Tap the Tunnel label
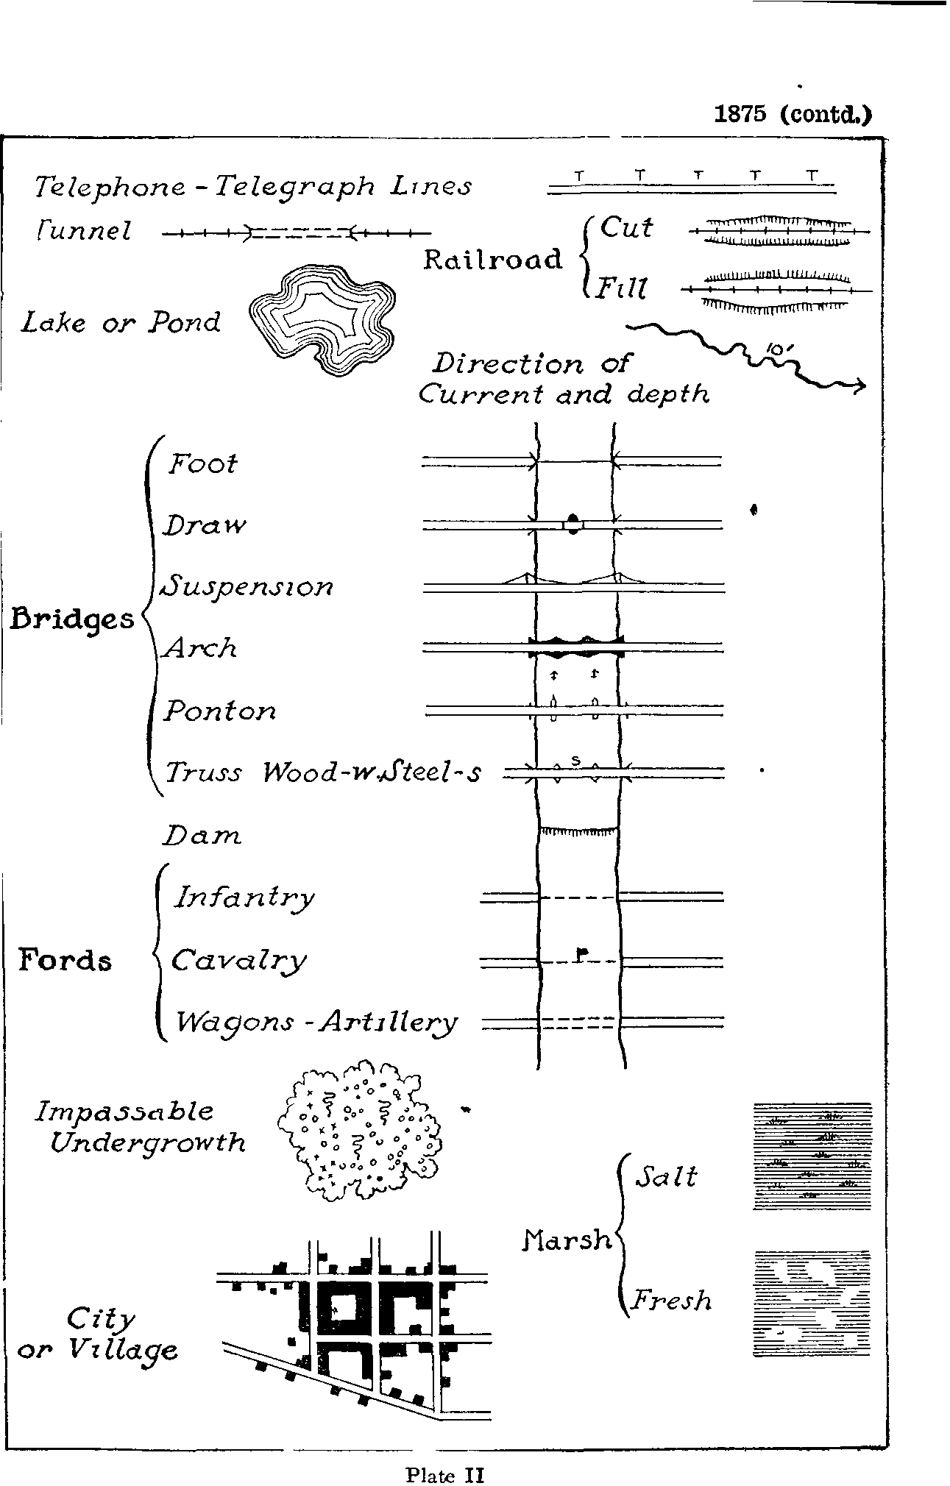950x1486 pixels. point(83,232)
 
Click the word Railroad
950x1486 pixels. point(493,260)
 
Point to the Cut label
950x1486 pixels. point(625,227)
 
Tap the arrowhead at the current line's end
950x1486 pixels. point(859,387)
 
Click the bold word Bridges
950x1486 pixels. point(72,619)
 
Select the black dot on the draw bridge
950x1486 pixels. point(574,525)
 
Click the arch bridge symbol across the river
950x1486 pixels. point(576,647)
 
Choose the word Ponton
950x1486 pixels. point(219,711)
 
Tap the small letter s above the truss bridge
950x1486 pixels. point(576,760)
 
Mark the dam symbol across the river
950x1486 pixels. point(578,831)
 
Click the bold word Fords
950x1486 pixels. point(65,960)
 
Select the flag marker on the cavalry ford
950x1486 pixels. point(581,955)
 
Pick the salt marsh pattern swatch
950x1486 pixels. point(812,1156)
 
